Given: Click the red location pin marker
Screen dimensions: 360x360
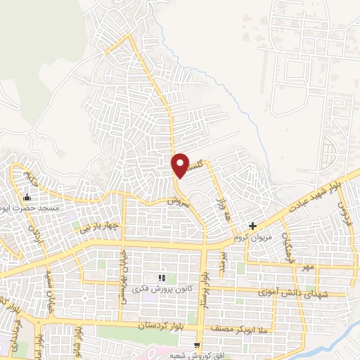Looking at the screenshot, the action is (181, 165).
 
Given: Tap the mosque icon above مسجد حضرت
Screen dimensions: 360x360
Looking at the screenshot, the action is (27, 177).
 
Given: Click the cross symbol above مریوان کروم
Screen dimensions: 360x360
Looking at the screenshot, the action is (253, 226).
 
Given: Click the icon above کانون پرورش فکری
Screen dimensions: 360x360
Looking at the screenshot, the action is (162, 279).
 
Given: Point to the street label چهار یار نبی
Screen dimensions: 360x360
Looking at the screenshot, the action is (95, 227).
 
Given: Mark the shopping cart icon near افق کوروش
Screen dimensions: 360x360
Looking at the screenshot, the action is (197, 345).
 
